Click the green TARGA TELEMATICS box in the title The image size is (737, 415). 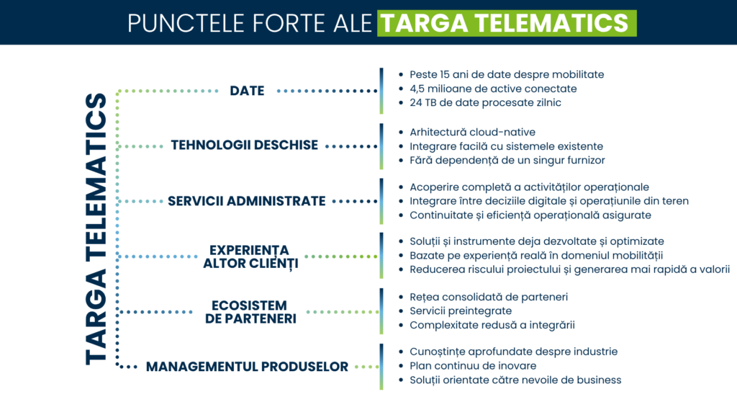[x=507, y=22]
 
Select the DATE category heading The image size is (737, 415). [x=247, y=91]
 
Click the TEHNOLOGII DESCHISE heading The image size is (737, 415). [x=244, y=146]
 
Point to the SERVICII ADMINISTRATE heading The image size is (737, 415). [x=247, y=201]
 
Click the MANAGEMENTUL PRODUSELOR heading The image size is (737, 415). [x=247, y=367]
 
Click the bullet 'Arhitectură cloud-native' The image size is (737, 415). [x=471, y=132]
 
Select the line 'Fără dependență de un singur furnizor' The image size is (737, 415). [x=507, y=160]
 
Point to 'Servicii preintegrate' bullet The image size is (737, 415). [x=461, y=311]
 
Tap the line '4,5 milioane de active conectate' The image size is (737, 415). [x=493, y=89]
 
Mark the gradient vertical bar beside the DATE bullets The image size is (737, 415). [x=381, y=91]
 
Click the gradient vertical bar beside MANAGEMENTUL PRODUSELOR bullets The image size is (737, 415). [x=381, y=367]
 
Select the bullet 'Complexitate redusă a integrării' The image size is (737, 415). [x=492, y=325]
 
